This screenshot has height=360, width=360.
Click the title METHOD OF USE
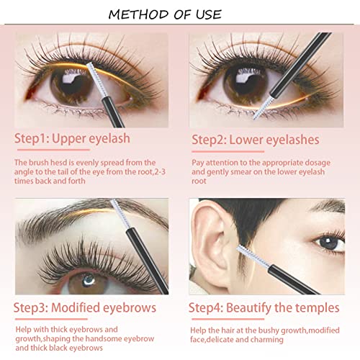165,14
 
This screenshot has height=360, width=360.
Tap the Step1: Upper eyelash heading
72,139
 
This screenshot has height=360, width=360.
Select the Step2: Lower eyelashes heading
256,140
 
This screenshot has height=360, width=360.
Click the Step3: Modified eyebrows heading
85,307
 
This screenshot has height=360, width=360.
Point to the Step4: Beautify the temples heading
264,307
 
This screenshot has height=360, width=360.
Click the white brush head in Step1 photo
96,81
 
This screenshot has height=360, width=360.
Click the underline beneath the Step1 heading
53,150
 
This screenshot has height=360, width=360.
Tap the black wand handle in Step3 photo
147,261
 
